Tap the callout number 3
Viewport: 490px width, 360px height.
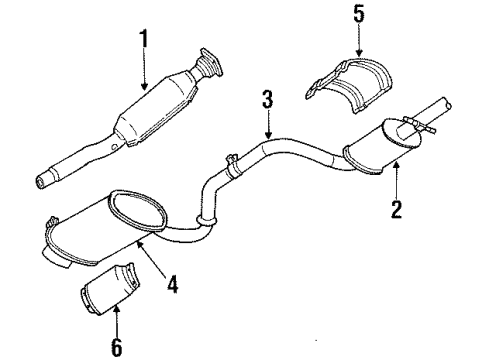click(x=267, y=100)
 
